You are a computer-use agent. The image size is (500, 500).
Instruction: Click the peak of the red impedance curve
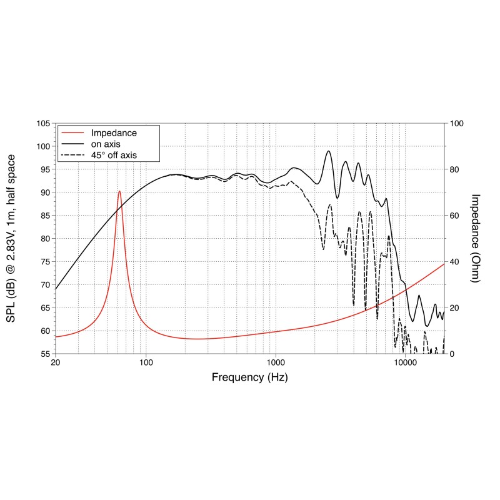pos(119,191)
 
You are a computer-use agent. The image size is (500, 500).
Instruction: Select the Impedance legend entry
pos(114,133)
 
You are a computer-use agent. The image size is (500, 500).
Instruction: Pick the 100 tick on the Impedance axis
pos(457,124)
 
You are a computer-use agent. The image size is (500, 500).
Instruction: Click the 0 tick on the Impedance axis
pos(452,354)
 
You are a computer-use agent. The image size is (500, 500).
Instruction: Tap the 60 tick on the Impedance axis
pos(455,216)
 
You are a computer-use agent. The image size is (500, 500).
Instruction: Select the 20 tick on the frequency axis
pos(56,362)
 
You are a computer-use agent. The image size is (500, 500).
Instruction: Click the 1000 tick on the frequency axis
pos(276,362)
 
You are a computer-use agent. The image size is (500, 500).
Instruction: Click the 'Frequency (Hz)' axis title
pos(250,377)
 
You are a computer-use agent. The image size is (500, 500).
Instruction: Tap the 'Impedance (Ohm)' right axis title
pos(475,238)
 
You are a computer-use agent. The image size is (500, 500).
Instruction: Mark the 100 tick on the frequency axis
pos(146,362)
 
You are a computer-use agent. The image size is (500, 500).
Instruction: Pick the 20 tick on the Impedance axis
pos(455,307)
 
